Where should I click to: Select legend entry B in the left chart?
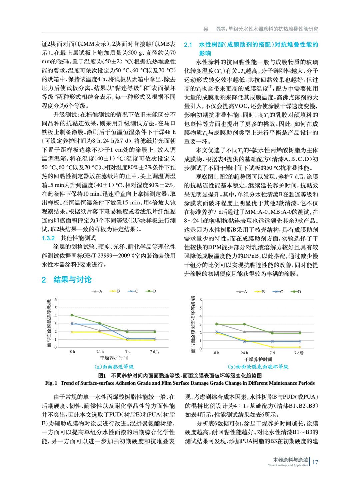click(116, 291)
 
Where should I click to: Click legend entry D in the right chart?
click(297, 292)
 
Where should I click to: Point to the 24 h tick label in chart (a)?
click(100, 352)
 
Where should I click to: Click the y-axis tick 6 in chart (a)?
click(56, 299)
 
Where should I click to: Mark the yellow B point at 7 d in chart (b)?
click(272, 347)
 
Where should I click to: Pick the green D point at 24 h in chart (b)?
click(244, 324)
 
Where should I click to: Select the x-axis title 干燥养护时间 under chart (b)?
click(258, 359)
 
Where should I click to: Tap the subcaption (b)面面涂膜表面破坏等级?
click(258, 367)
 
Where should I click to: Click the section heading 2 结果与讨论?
click(67, 279)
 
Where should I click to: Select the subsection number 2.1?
click(188, 45)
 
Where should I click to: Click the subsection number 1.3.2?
click(48, 238)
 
